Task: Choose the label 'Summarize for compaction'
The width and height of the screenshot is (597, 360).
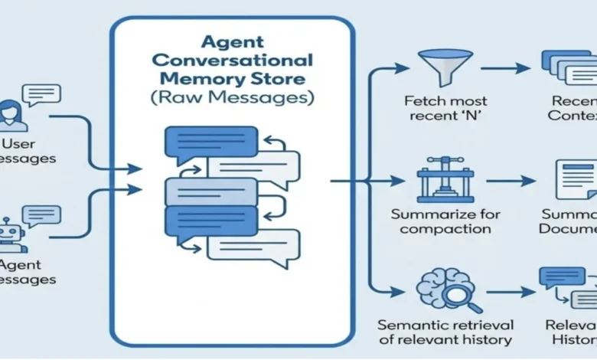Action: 440,220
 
